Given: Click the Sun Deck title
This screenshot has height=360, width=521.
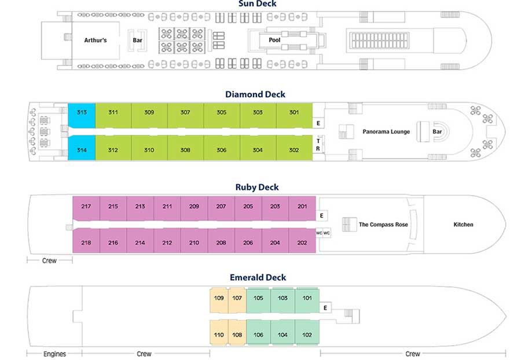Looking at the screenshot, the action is pyautogui.click(x=257, y=3).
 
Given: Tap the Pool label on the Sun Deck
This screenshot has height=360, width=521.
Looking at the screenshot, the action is pyautogui.click(x=274, y=40).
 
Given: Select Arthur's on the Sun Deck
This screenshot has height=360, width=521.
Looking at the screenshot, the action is pyautogui.click(x=96, y=40).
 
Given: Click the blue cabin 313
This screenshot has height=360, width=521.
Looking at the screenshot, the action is pyautogui.click(x=82, y=116).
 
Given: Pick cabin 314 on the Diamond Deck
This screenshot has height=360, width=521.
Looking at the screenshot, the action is pyautogui.click(x=82, y=148).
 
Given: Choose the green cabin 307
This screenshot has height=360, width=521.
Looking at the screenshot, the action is pyautogui.click(x=185, y=116).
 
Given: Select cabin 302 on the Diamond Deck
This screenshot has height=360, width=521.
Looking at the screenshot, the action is pyautogui.click(x=294, y=148).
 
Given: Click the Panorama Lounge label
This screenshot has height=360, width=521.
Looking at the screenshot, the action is pyautogui.click(x=386, y=131).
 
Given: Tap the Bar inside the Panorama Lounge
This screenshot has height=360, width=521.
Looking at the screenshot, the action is pyautogui.click(x=437, y=131).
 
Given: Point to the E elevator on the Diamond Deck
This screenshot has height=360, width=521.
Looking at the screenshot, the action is pyautogui.click(x=318, y=123).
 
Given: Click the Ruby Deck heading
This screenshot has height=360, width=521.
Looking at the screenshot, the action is pyautogui.click(x=257, y=188).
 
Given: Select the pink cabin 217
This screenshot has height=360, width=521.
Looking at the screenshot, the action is pyautogui.click(x=86, y=208).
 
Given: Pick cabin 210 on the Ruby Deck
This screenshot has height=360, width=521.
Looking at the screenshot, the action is pyautogui.click(x=194, y=240).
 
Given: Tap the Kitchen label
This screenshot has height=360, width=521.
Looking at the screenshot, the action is pyautogui.click(x=463, y=225).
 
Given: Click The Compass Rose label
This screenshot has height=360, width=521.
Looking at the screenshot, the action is pyautogui.click(x=383, y=225).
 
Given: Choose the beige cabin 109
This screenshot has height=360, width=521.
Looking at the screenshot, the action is pyautogui.click(x=219, y=300).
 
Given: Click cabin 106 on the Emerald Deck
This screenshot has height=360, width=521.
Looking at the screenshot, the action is pyautogui.click(x=259, y=332).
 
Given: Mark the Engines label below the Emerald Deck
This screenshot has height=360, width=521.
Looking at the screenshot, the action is pyautogui.click(x=54, y=354).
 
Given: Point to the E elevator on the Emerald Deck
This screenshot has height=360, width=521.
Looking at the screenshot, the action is pyautogui.click(x=325, y=308).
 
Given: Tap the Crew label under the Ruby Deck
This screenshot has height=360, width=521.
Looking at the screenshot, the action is pyautogui.click(x=49, y=260).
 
